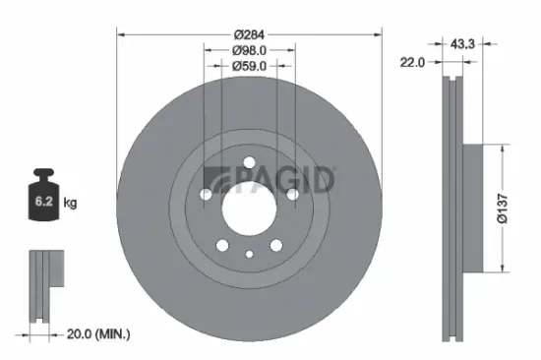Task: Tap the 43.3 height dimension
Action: point(459,44)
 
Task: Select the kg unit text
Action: point(70,203)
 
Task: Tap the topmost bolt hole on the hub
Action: point(249,162)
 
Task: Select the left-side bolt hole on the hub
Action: point(205,193)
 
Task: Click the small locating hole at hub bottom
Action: point(249,254)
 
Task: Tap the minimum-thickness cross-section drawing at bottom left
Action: point(40,285)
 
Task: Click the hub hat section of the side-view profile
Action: point(470,207)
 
